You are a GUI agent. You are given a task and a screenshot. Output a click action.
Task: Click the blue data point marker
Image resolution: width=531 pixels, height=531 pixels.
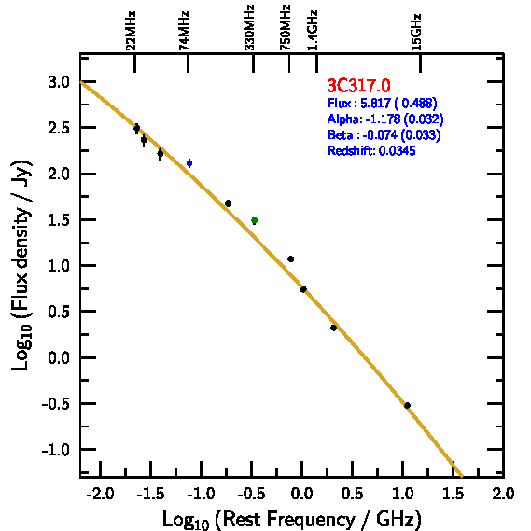189,163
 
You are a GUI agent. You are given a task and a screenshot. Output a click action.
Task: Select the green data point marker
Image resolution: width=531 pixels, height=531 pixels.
255,220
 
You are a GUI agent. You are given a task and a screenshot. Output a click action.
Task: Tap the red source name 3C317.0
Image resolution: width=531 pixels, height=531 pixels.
358,85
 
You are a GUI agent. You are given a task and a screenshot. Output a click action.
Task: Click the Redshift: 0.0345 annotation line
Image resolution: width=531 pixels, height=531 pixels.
371,150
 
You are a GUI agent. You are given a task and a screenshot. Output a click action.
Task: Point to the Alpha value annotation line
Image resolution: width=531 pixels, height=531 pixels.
385,119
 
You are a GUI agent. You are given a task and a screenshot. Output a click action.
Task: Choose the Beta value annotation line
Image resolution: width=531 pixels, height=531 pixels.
384,134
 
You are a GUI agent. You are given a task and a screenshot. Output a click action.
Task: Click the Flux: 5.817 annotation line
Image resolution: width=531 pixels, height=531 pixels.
383,103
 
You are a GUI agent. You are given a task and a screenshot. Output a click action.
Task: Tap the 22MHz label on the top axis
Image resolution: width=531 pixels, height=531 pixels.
131,31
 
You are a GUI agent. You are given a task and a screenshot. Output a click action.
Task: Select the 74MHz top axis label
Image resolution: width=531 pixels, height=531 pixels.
184,31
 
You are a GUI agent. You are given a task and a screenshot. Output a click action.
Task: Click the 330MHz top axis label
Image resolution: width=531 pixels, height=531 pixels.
249,28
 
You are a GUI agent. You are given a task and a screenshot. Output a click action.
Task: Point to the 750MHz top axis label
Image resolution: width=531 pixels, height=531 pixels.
286,28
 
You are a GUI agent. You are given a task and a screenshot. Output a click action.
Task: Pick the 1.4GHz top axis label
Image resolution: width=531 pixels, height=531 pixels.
313,31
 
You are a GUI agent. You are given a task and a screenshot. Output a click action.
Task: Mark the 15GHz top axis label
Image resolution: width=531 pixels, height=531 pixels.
416,32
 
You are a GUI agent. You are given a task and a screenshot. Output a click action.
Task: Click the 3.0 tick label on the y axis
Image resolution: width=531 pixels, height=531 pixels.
59,82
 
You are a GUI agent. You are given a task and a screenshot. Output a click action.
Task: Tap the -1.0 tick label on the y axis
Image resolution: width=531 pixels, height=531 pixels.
55,450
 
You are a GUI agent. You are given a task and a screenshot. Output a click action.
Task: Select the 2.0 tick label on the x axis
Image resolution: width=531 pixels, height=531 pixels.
503,494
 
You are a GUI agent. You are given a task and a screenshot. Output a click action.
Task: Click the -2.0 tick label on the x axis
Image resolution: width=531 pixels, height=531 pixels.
100,494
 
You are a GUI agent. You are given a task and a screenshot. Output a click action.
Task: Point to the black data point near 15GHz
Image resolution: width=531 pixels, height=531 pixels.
408,405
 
